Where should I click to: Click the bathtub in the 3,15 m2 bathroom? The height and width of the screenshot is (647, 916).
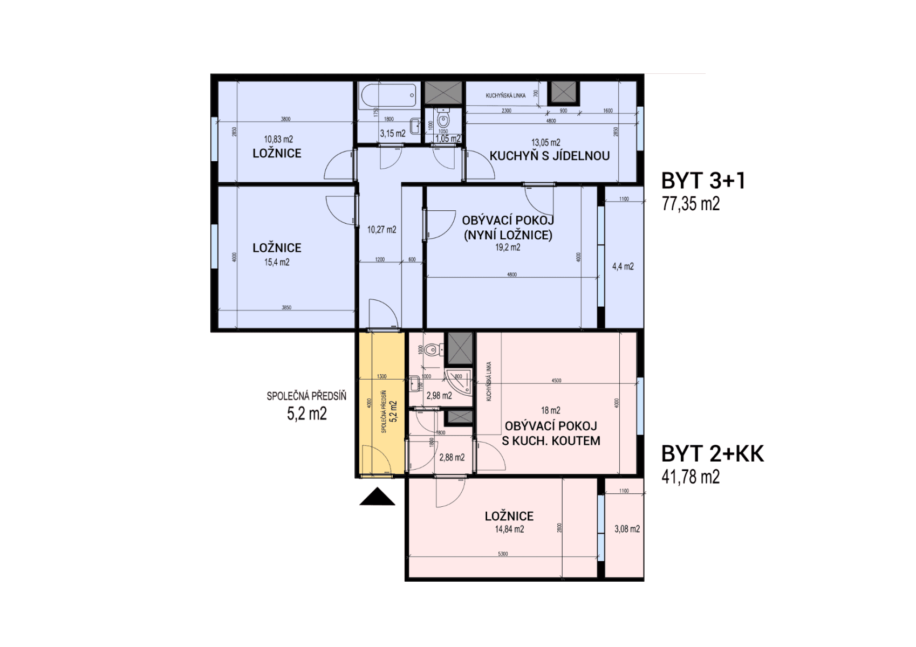tap(388, 97)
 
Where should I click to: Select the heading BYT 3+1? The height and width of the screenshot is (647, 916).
tap(703, 181)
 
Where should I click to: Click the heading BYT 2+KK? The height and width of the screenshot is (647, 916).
tap(713, 455)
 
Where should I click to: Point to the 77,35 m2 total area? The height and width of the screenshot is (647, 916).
tap(691, 204)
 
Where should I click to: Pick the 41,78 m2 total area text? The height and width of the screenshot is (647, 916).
tap(691, 477)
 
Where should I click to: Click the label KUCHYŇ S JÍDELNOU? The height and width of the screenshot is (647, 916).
tap(549, 156)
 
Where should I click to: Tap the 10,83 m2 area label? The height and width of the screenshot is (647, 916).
tap(278, 139)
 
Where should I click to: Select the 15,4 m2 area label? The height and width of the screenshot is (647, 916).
tap(277, 263)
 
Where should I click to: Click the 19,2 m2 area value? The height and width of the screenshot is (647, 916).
tap(508, 247)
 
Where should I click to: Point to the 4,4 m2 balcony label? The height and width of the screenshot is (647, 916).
tap(623, 266)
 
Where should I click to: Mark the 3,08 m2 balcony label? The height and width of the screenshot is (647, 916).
tap(627, 529)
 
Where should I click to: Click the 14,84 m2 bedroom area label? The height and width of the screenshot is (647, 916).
tap(509, 529)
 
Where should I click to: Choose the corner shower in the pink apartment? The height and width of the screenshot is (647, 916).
tap(460, 382)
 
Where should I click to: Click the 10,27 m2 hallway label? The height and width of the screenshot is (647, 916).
tap(382, 230)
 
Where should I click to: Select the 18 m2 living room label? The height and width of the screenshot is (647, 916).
tap(551, 410)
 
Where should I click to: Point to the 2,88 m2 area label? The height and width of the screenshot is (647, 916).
tap(452, 458)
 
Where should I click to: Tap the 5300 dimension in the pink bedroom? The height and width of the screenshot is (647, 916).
tap(502, 554)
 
